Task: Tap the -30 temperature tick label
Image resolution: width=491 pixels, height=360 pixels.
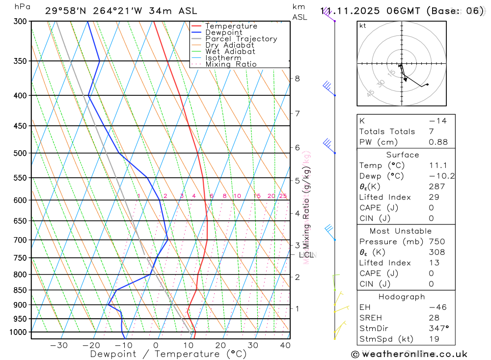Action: [x=59, y=345]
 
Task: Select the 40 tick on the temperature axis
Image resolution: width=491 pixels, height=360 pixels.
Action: [x=284, y=345]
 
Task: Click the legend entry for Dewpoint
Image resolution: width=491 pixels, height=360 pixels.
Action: [x=223, y=32]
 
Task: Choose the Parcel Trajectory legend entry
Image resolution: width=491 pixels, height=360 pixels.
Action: [x=241, y=39]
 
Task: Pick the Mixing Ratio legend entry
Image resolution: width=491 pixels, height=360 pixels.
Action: [x=231, y=64]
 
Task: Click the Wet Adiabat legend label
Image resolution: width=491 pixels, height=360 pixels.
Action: [x=230, y=52]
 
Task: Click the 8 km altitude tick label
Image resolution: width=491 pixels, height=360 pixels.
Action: [x=297, y=79]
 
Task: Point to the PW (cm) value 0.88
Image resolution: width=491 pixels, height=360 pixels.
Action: [x=438, y=142]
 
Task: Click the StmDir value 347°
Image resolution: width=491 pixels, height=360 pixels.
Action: [x=438, y=329]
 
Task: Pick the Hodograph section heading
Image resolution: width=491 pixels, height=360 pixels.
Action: [x=402, y=297]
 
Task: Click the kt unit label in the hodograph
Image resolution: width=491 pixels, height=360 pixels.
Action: [x=363, y=26]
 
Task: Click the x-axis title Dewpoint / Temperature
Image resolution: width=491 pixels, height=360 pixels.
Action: [x=168, y=354]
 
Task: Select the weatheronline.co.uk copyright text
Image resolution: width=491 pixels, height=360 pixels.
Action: [x=409, y=354]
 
